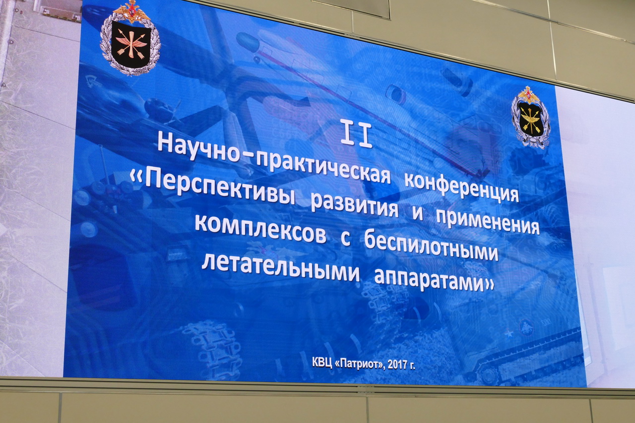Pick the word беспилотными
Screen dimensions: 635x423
point(431,245)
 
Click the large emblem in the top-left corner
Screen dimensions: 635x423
point(130,38)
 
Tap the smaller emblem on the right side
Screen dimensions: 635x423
point(531,118)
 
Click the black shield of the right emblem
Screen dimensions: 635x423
point(531,119)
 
